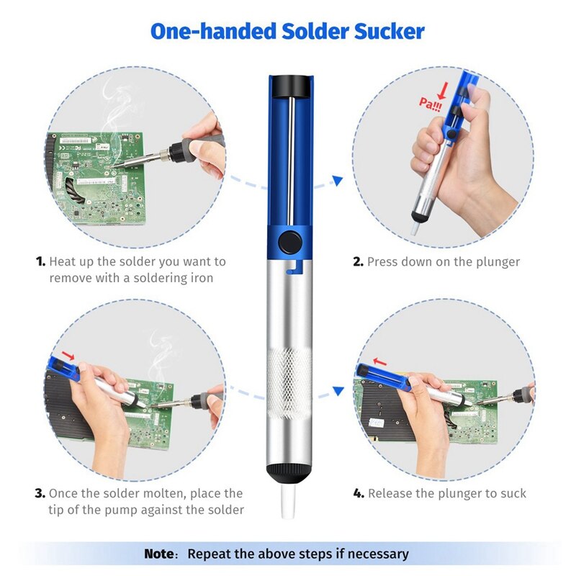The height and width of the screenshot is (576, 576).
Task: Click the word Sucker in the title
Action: point(390,32)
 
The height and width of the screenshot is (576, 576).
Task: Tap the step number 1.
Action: point(40,261)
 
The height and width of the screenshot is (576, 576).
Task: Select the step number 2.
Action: point(358,261)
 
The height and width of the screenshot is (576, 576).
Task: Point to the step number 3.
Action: point(40,493)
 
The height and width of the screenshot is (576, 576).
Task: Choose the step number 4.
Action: point(359,493)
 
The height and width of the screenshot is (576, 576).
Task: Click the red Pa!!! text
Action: point(430,104)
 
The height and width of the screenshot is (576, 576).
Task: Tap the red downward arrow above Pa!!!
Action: point(444,91)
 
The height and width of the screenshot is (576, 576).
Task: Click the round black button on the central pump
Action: point(290,243)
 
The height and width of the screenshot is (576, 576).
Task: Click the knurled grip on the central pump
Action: point(289,382)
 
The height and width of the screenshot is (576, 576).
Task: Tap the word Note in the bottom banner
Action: point(159,554)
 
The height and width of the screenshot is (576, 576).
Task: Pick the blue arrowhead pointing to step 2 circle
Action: point(338,181)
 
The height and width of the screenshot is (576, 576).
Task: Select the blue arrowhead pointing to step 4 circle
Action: point(338,391)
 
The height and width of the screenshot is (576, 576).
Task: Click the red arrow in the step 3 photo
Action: point(68,356)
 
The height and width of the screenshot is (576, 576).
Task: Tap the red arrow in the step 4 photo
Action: point(380,362)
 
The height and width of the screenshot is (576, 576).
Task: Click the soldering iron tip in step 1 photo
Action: point(113,167)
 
